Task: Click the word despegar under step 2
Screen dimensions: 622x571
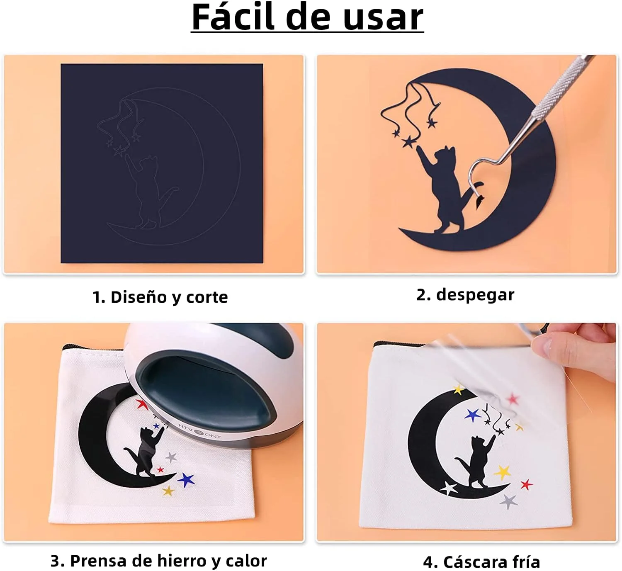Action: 475,295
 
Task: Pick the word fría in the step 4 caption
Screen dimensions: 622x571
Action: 526,561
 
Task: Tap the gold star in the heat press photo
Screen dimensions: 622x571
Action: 168,491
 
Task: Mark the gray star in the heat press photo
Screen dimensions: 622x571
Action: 171,457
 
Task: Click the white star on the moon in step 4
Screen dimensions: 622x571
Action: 449,488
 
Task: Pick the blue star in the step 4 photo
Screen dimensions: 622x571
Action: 472,415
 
